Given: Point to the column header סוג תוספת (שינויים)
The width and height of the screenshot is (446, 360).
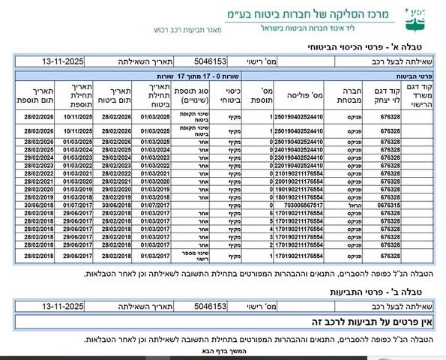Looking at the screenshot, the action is (x=190, y=96).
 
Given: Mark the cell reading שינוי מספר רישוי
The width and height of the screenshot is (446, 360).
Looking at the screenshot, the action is (x=190, y=256).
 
